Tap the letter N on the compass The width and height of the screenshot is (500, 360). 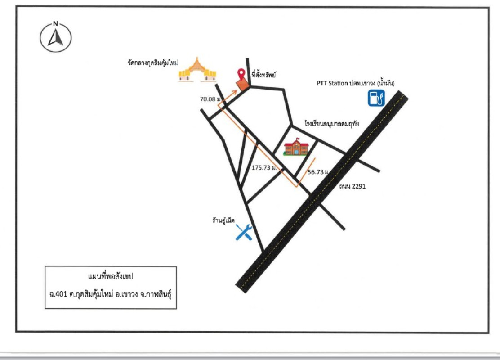55,24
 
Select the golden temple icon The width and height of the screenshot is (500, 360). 197,70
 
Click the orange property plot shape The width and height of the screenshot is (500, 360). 243,85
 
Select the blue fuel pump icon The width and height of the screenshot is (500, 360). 376,98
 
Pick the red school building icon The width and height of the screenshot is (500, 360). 296,147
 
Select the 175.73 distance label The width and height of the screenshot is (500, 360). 265,167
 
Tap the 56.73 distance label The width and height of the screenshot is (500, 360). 318,172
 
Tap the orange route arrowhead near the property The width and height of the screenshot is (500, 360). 235,91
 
